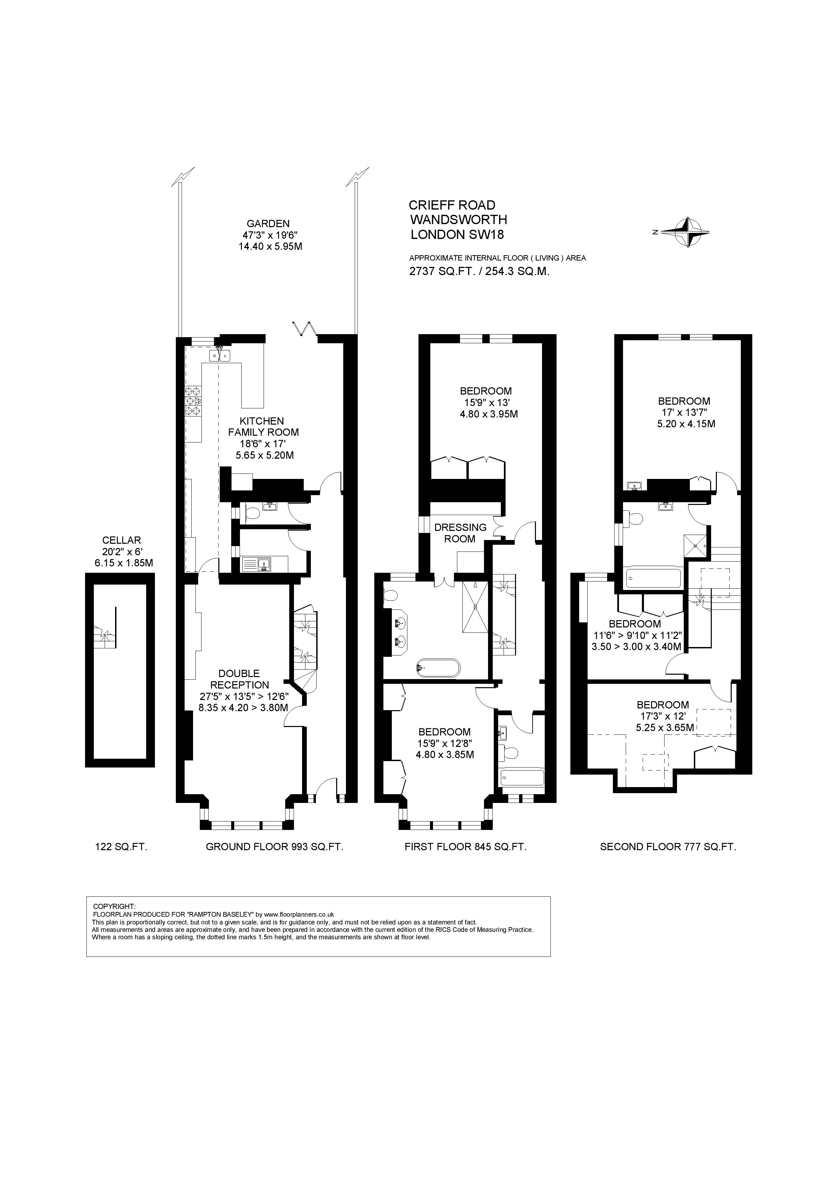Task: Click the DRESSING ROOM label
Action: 460,533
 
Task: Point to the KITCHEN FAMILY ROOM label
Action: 263,427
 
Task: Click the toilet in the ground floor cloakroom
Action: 252,513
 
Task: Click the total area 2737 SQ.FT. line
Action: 479,272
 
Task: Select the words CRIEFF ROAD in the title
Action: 452,205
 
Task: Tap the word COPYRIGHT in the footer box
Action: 114,906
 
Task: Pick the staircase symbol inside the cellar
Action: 106,634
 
